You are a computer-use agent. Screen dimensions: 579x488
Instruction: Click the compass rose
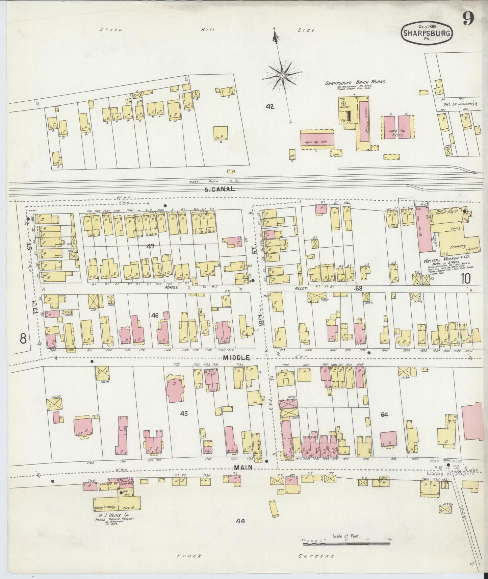[282, 77]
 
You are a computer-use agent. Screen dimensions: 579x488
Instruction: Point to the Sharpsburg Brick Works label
[355, 82]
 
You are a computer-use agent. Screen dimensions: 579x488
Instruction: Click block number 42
[270, 107]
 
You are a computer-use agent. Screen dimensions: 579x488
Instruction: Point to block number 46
[155, 316]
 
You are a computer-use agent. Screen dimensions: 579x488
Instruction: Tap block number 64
[384, 415]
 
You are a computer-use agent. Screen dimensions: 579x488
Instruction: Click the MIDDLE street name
[236, 358]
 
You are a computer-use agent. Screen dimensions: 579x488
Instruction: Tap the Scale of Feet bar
[346, 544]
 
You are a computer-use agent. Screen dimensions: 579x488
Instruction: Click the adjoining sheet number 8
[23, 338]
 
